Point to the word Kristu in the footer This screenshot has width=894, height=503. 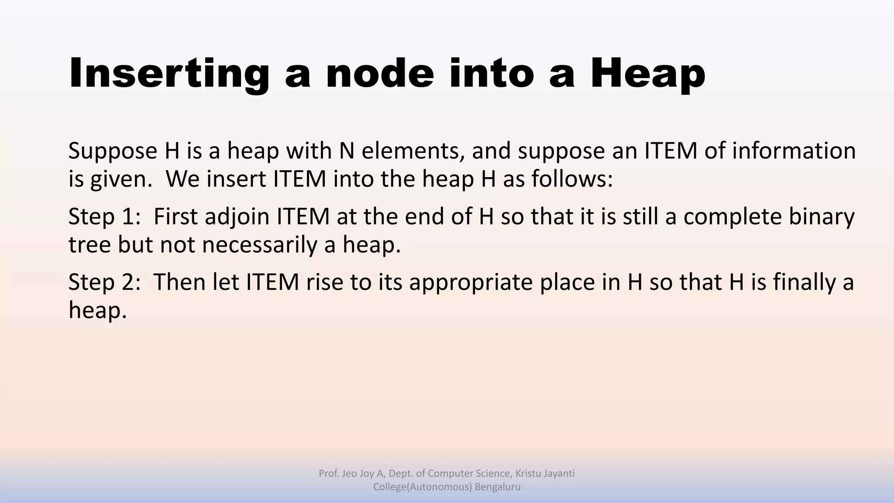click(528, 473)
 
